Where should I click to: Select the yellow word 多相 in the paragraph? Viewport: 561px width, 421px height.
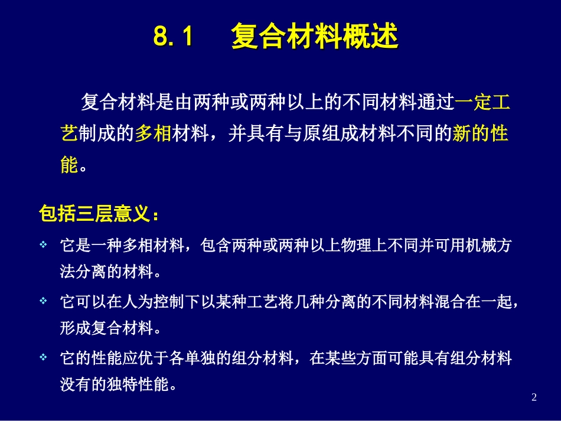153,133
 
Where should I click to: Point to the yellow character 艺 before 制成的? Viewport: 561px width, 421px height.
69,133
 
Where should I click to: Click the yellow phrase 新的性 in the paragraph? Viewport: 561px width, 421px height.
480,133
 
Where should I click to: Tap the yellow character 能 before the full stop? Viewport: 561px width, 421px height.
69,165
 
